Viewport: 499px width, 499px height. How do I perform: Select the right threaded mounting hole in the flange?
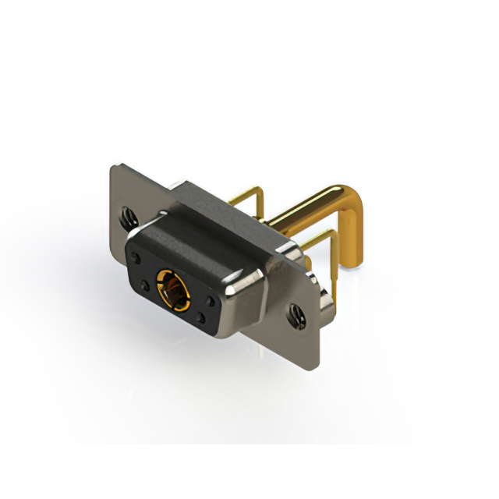[x=296, y=315]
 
